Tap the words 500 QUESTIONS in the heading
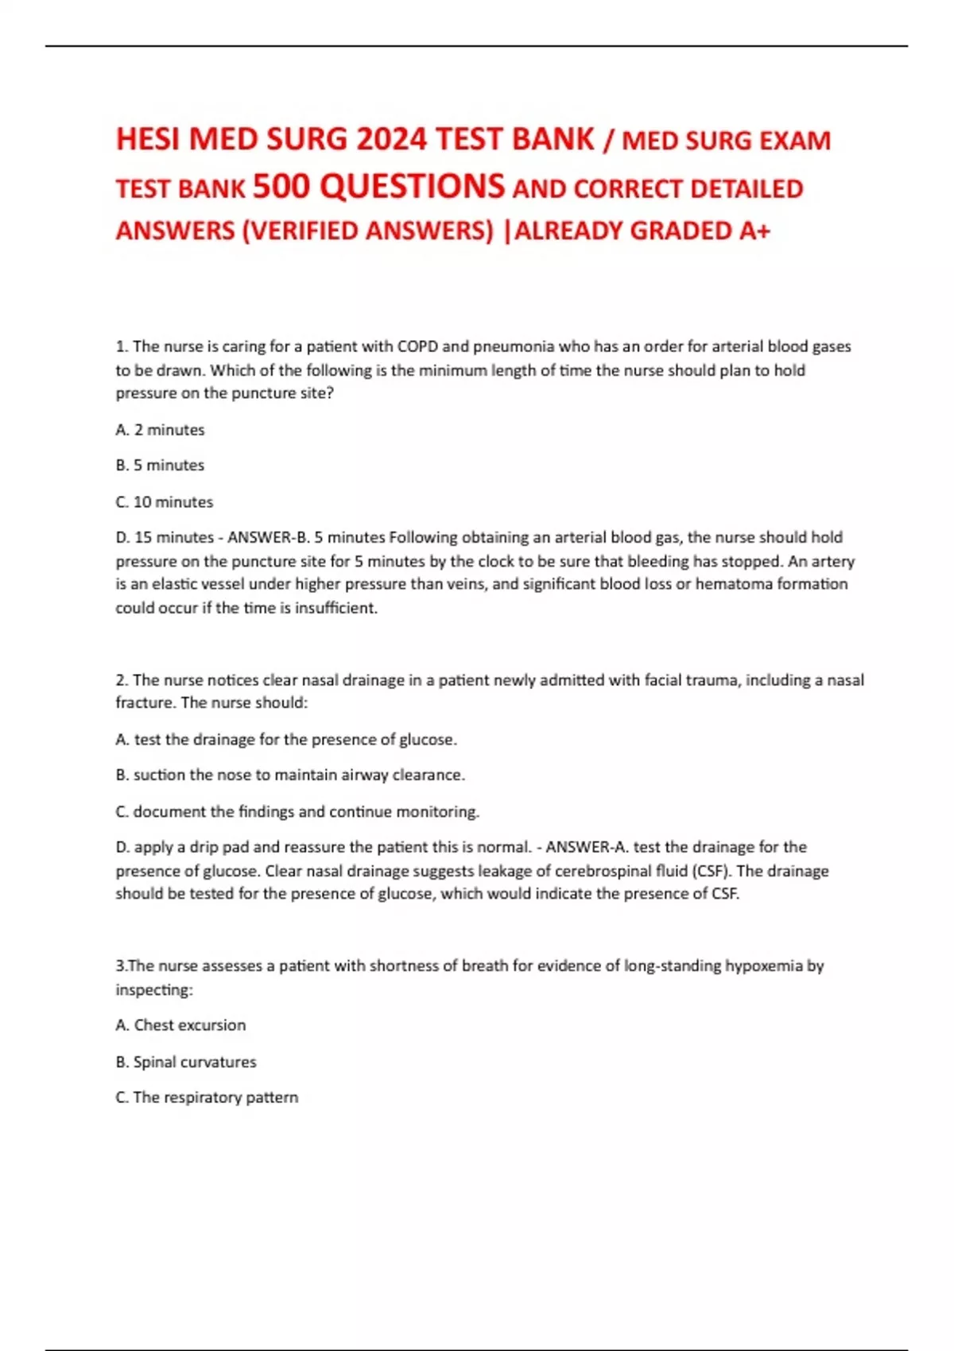tap(378, 187)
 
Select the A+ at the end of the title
tap(754, 230)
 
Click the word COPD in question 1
tap(417, 346)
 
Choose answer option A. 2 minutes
tap(160, 430)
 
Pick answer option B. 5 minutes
tap(160, 465)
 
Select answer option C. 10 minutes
tap(165, 502)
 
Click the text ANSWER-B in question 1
tap(267, 537)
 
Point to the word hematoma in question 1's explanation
tap(730, 584)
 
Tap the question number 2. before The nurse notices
tap(122, 680)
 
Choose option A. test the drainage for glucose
tap(286, 740)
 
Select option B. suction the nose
tap(290, 775)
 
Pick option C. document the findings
tap(297, 812)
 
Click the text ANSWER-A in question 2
tap(586, 847)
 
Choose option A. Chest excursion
tap(180, 1025)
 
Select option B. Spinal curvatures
tap(186, 1062)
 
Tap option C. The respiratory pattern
tap(207, 1097)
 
